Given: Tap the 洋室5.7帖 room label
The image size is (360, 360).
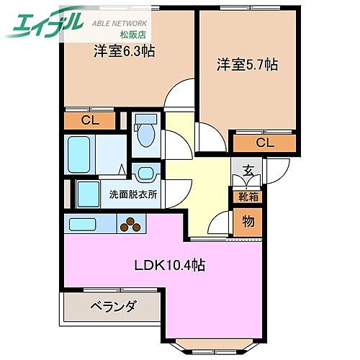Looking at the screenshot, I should tap(247, 65).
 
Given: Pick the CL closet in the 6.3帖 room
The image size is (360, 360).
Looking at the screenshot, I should tap(90, 120).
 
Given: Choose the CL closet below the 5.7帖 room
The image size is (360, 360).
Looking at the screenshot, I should tap(264, 142).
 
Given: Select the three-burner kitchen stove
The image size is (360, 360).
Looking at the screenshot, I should tap(131, 225).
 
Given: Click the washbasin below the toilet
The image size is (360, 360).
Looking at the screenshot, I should tap(145, 173).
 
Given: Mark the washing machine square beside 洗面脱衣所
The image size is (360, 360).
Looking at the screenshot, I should tap(89, 193).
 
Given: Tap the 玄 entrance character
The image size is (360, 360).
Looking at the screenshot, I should tap(248, 171).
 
